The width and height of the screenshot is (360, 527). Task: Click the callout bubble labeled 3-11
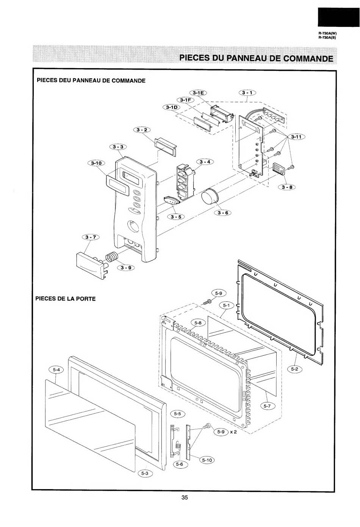pyautogui.click(x=296, y=137)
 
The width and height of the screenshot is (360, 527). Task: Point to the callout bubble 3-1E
pyautogui.click(x=198, y=93)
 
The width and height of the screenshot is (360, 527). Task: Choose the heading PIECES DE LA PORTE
pyautogui.click(x=66, y=299)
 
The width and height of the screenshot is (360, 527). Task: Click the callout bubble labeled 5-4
pyautogui.click(x=56, y=370)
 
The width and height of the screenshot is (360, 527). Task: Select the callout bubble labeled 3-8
pyautogui.click(x=287, y=187)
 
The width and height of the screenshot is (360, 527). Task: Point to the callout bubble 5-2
pyautogui.click(x=294, y=369)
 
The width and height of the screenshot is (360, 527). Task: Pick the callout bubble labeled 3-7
pyautogui.click(x=91, y=237)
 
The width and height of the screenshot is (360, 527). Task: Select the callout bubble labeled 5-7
pyautogui.click(x=267, y=406)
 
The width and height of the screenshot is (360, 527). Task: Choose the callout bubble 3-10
pyautogui.click(x=96, y=163)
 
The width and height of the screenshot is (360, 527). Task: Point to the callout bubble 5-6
pyautogui.click(x=179, y=464)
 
